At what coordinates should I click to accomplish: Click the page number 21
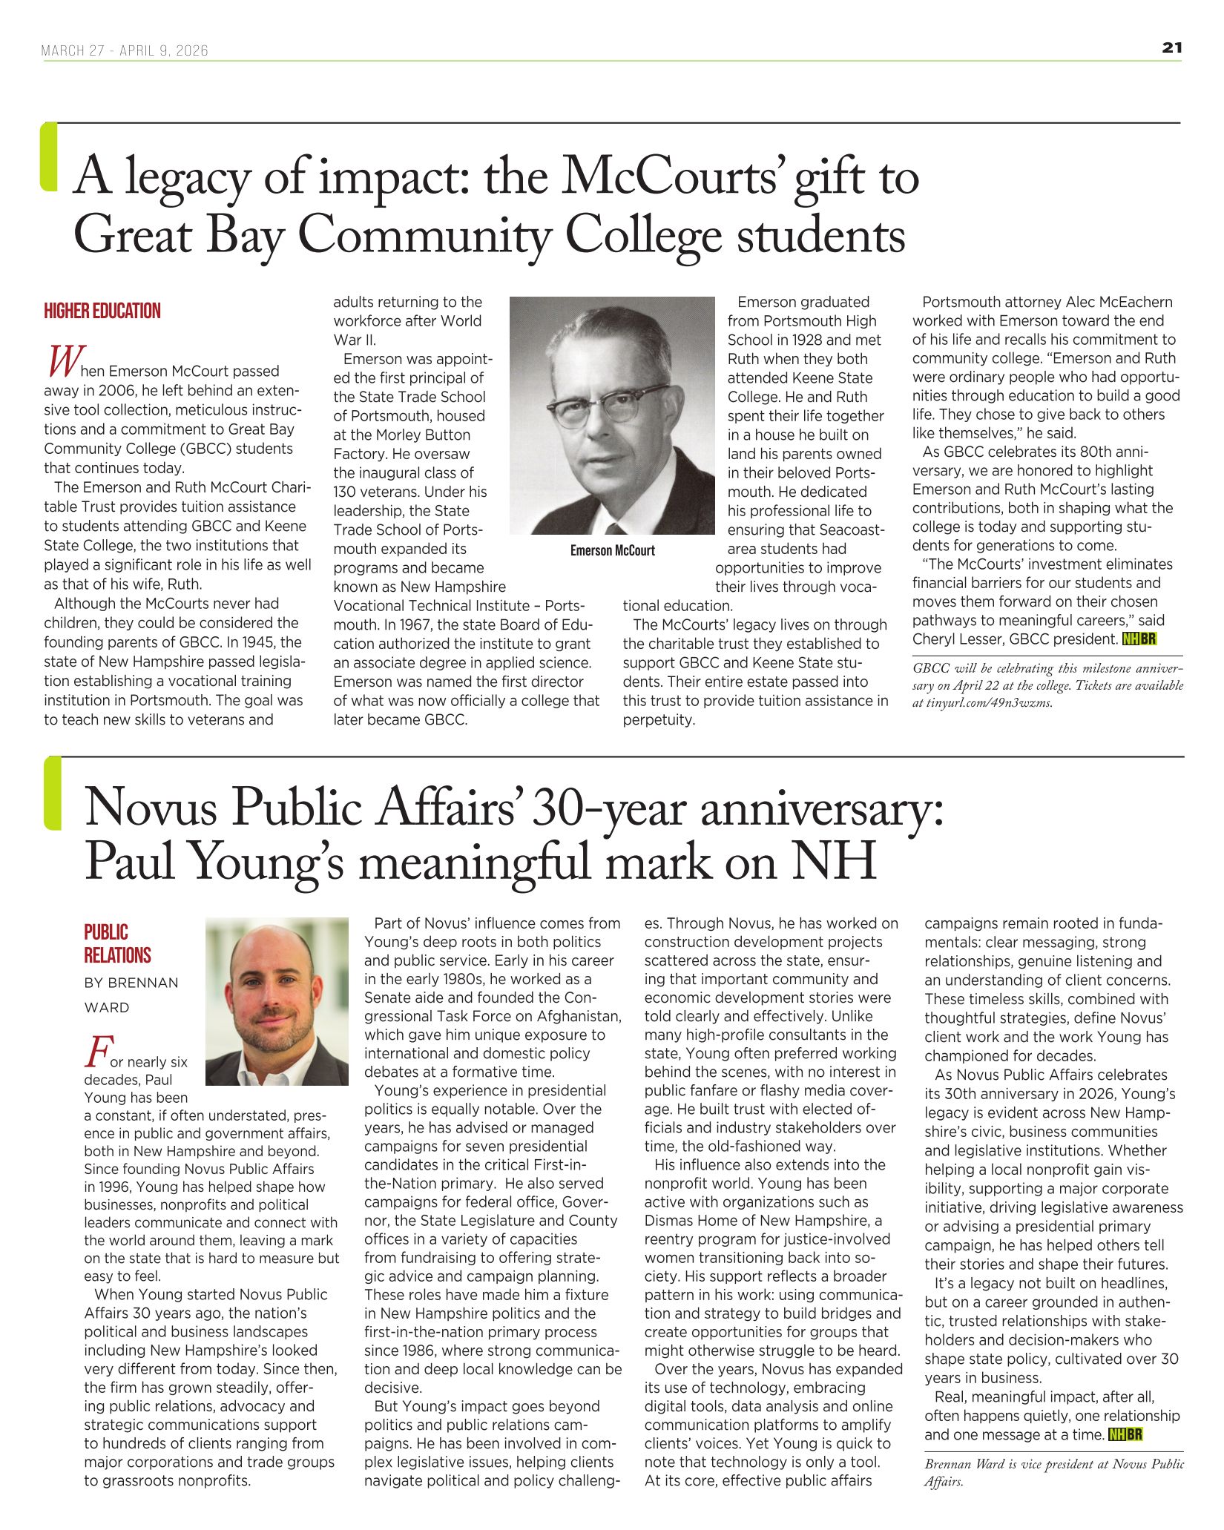(x=1171, y=48)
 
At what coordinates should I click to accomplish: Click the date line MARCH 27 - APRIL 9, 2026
(x=125, y=50)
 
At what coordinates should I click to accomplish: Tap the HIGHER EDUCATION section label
(x=102, y=311)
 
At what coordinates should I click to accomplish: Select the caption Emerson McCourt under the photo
(x=612, y=550)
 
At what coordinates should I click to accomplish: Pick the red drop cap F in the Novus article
(x=97, y=1052)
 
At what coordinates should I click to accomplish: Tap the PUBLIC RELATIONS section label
(x=116, y=943)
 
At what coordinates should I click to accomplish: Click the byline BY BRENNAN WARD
(x=131, y=995)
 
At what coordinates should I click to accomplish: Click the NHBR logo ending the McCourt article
(x=1139, y=639)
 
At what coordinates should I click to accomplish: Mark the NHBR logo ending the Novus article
(x=1125, y=1434)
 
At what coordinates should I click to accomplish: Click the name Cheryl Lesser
(x=958, y=639)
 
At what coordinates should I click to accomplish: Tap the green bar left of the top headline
(x=49, y=157)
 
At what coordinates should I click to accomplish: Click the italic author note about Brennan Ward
(x=1053, y=1472)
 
